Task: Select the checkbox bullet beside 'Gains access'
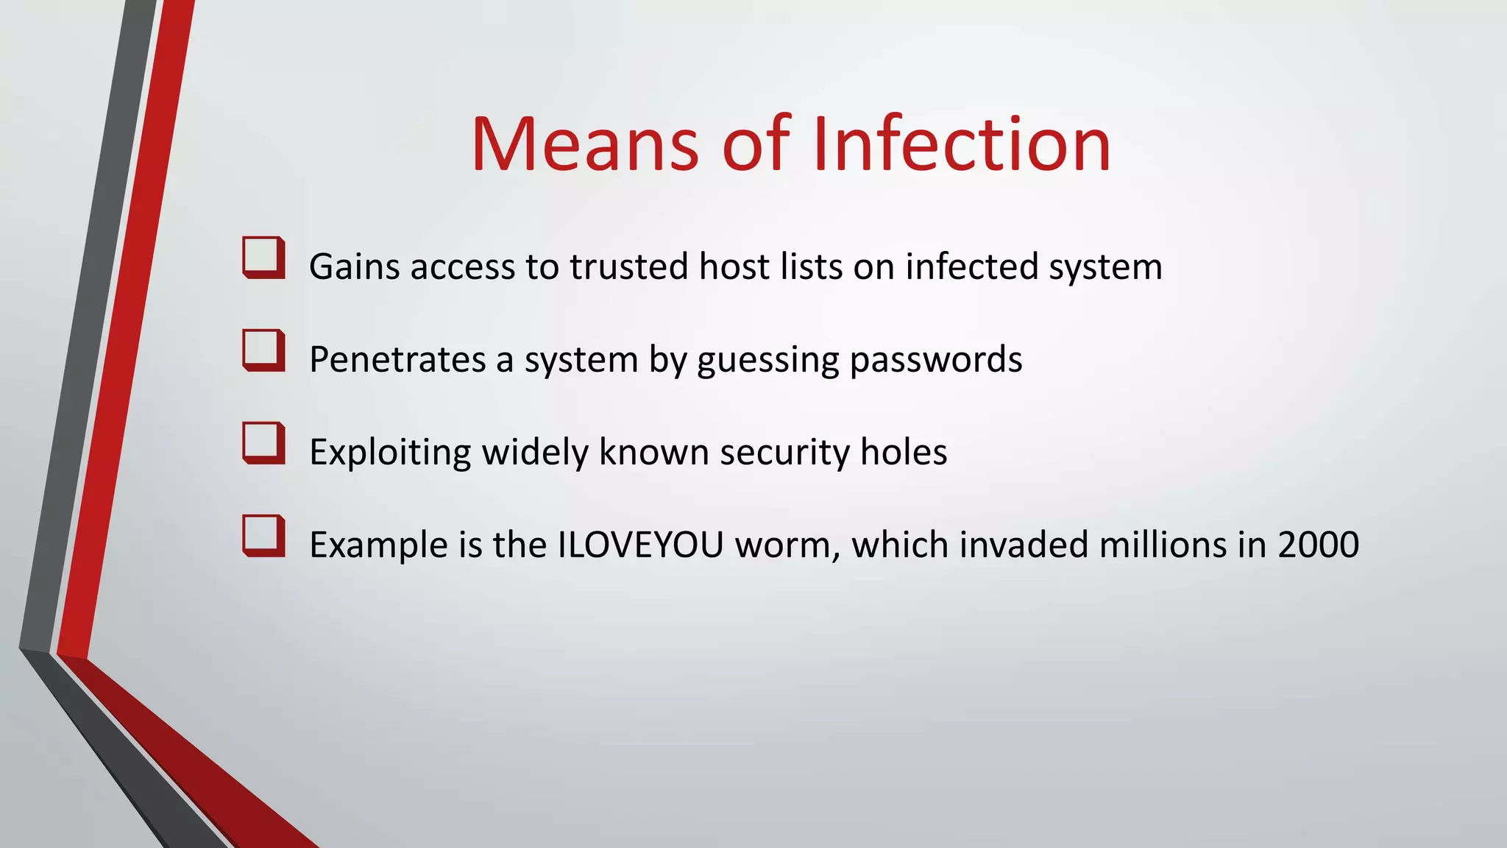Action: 263,258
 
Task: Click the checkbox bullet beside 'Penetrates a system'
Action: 263,350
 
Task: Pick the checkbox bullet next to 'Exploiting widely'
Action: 263,443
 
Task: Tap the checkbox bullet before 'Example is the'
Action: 263,536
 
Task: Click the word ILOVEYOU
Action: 641,545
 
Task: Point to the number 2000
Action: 1318,545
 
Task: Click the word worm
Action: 787,545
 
